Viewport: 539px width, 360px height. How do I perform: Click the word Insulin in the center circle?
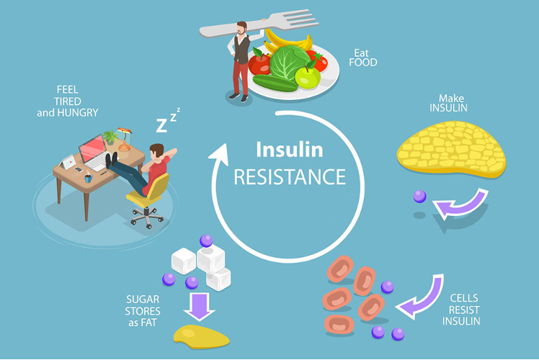pos(289,150)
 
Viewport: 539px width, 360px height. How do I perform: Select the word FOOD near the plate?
pos(363,63)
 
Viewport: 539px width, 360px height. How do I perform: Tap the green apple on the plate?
pos(308,76)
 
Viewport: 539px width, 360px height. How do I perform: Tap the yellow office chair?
pos(150,192)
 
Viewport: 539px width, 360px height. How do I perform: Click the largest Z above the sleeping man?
pos(162,125)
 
